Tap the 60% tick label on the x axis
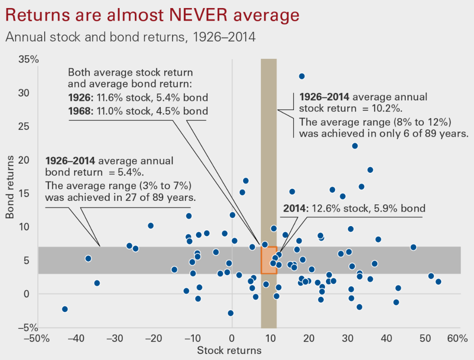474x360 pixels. click(457, 339)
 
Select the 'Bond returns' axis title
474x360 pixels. click(10, 187)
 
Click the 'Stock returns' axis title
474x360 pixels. click(229, 350)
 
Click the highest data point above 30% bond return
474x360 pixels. click(301, 76)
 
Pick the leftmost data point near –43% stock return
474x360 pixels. click(65, 309)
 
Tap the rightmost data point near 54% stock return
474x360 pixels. click(438, 282)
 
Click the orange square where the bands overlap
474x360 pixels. click(269, 260)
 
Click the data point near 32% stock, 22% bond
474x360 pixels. click(355, 146)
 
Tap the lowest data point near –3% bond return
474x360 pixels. click(231, 313)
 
